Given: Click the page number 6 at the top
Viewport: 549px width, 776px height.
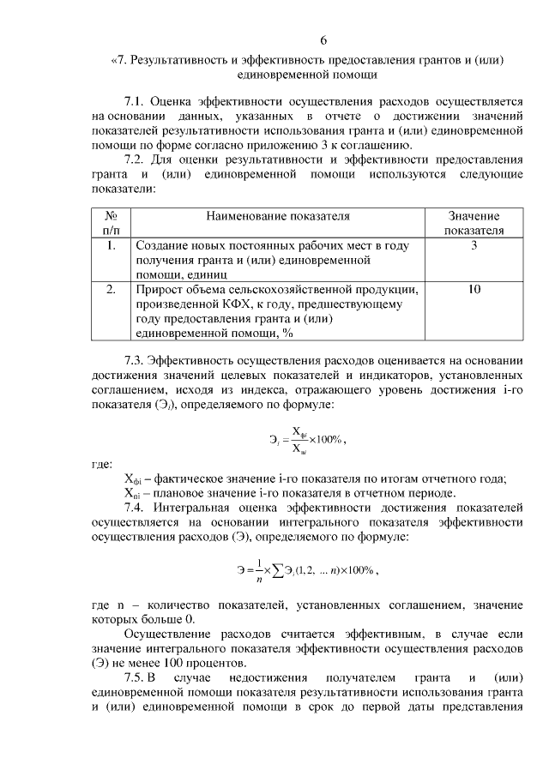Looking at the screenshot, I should [x=323, y=39].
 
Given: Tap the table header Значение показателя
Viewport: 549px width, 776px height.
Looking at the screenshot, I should [x=474, y=224].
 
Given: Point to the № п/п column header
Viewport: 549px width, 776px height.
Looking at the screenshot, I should [x=111, y=224].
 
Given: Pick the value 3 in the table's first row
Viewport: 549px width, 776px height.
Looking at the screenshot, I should [x=474, y=245].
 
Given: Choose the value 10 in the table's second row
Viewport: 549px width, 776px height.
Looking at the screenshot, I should [x=474, y=290].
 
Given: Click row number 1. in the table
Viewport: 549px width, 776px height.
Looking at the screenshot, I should [x=111, y=245].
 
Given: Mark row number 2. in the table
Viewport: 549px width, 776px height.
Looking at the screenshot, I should [x=111, y=290].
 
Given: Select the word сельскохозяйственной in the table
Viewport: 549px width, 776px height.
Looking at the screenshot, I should [x=289, y=290].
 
